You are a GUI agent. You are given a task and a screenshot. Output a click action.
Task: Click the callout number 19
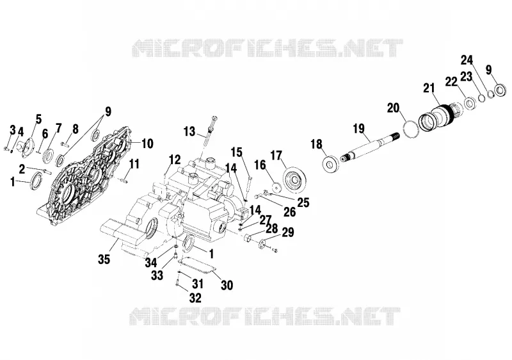pos(358,128)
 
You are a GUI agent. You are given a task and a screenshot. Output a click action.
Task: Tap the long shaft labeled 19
pos(370,146)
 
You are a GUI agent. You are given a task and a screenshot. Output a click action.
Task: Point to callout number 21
pos(429,88)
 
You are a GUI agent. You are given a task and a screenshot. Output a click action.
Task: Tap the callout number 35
pos(104,259)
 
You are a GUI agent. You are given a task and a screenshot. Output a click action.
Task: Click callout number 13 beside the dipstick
pos(189,132)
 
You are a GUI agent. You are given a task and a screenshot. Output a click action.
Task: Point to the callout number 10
pos(148,143)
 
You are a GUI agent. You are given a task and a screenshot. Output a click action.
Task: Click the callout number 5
pos(38,119)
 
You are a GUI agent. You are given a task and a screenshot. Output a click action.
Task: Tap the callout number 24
pos(467,60)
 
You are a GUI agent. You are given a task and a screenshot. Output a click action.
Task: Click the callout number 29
pos(287,233)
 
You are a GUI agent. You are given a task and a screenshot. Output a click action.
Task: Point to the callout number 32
pos(195,298)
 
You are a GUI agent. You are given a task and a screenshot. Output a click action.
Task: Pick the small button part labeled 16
pos(277,188)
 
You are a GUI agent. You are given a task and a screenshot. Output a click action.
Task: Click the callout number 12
pos(175,160)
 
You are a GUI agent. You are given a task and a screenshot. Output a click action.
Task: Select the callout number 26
pos(289,212)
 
